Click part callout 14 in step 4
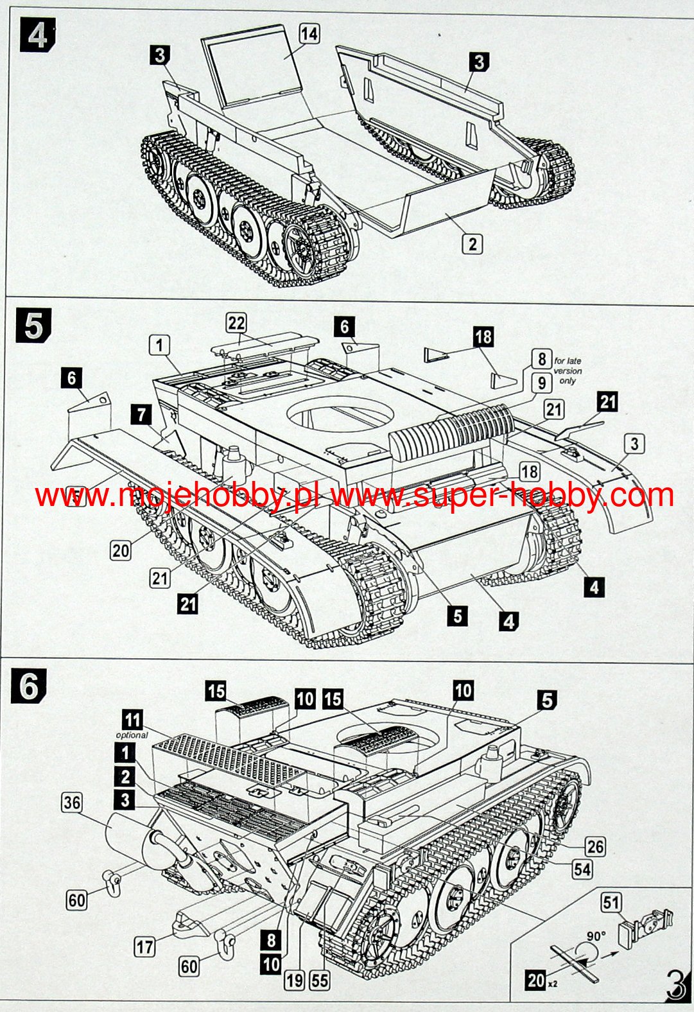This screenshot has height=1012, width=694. [x=309, y=34]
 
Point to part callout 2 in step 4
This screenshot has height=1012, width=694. [x=472, y=243]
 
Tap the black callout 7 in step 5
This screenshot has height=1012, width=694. [x=142, y=414]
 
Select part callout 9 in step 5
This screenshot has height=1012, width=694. [x=541, y=384]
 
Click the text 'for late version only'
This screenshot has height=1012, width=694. [x=568, y=371]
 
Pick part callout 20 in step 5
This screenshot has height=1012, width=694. [x=121, y=550]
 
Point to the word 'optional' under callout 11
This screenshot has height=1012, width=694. [x=132, y=735]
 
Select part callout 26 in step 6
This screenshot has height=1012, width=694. [x=594, y=846]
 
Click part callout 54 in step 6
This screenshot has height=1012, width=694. [x=582, y=869]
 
